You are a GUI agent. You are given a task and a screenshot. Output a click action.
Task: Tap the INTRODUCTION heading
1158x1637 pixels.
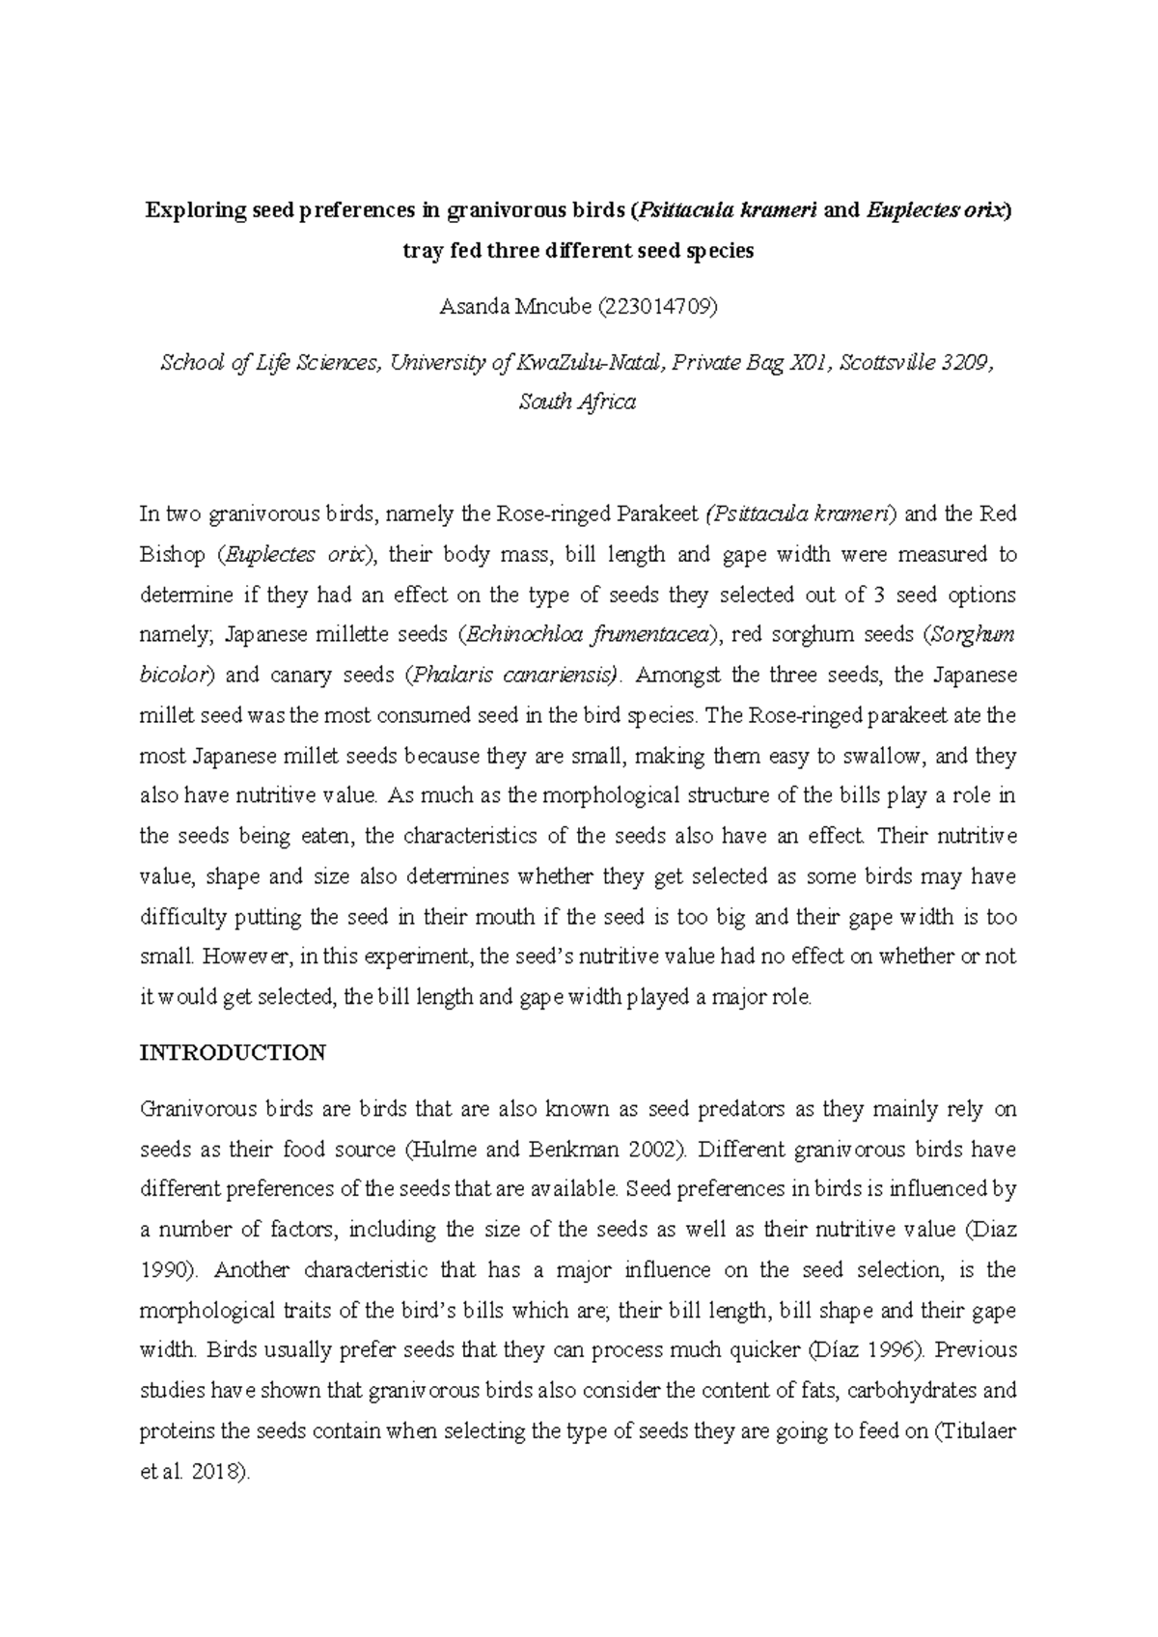(233, 1052)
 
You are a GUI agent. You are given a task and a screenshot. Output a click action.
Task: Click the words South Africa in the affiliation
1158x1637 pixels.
(577, 402)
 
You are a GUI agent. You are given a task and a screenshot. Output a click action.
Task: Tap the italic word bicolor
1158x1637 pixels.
(175, 675)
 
